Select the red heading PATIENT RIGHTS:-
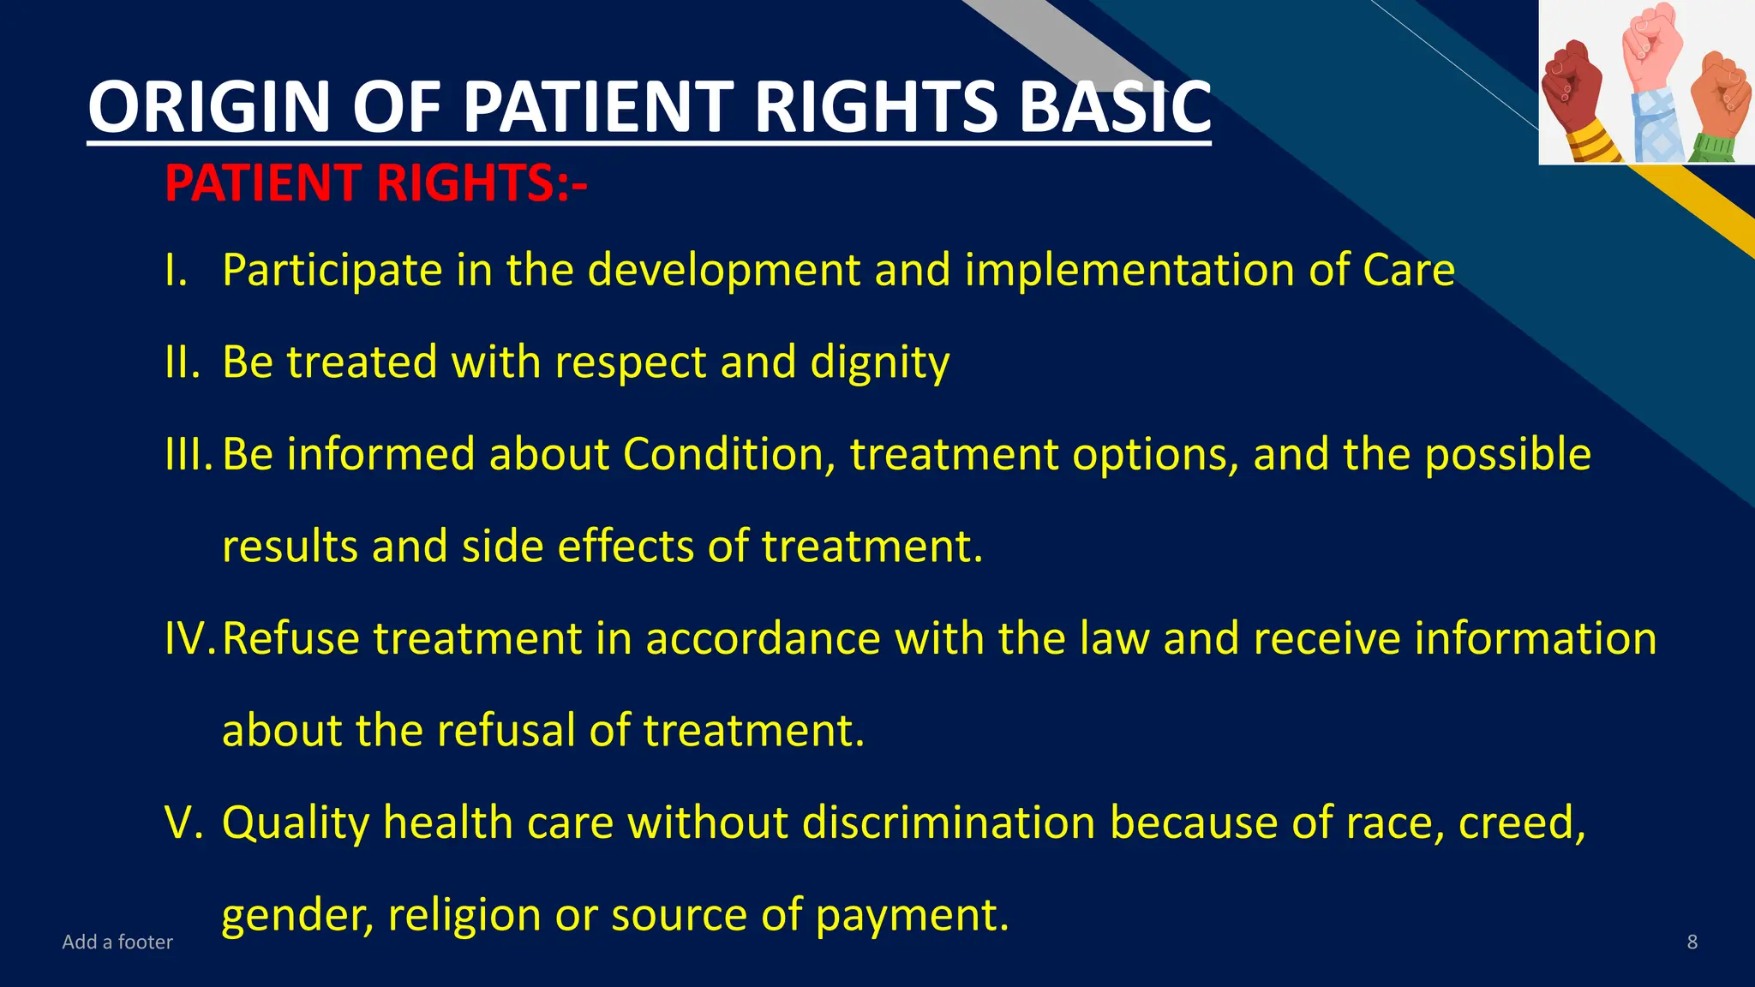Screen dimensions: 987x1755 pyautogui.click(x=375, y=183)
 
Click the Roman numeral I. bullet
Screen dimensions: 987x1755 pyautogui.click(x=177, y=271)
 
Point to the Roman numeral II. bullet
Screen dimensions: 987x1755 pyautogui.click(x=182, y=362)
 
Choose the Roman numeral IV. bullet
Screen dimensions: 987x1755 pyautogui.click(x=190, y=639)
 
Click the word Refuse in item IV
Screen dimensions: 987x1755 pyautogui.click(x=291, y=639)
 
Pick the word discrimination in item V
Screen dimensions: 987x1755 pyautogui.click(x=949, y=823)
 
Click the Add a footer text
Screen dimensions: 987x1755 pyautogui.click(x=117, y=942)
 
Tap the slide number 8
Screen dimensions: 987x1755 pyautogui.click(x=1692, y=942)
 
